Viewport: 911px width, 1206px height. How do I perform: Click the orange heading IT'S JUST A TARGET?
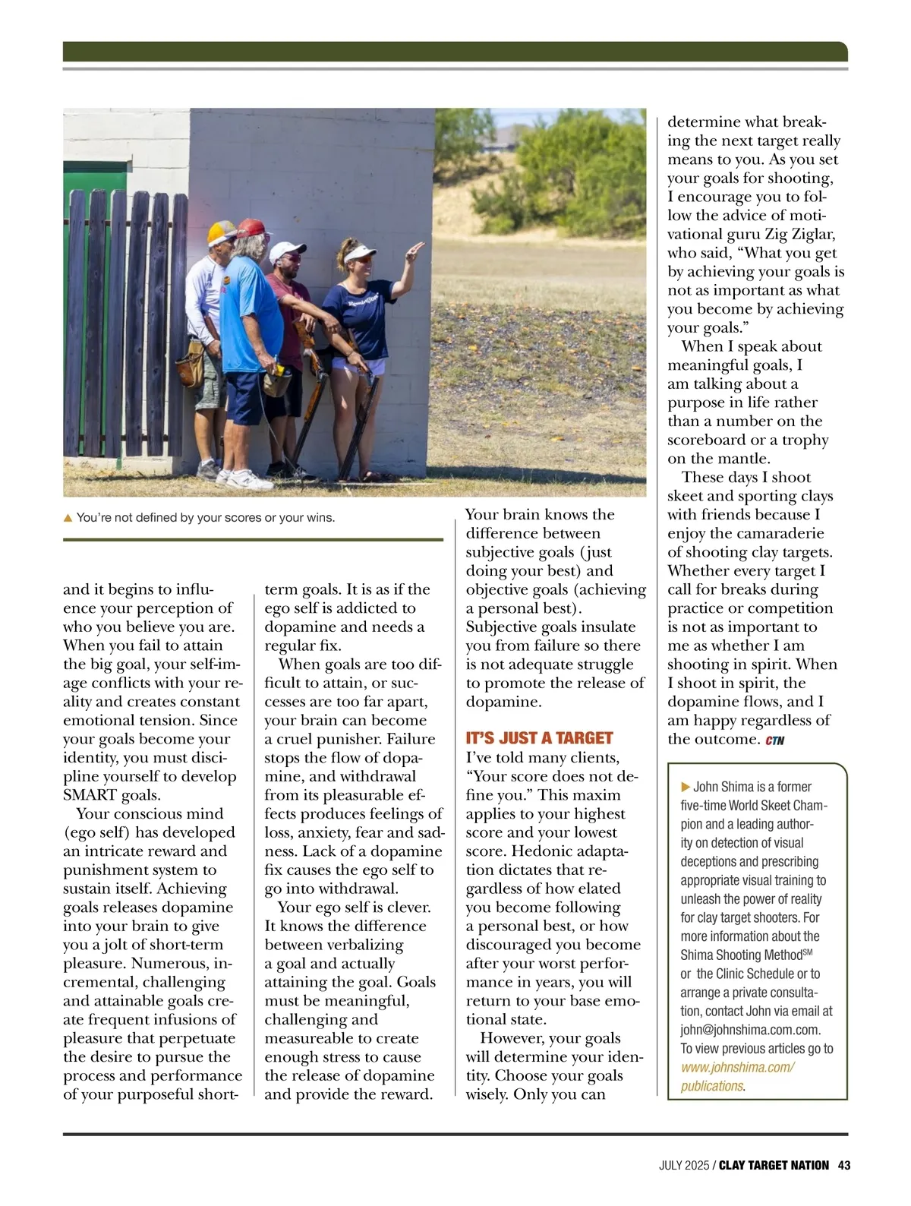[x=539, y=738]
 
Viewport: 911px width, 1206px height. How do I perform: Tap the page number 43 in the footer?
[x=843, y=1165]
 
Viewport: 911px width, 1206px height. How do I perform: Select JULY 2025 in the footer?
[x=684, y=1165]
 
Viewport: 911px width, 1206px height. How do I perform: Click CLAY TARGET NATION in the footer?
[x=774, y=1165]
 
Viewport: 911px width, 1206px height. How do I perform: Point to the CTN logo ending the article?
[x=775, y=740]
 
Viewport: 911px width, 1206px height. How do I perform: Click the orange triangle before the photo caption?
[x=68, y=518]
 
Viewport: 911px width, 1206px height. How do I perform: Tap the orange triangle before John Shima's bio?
[x=686, y=787]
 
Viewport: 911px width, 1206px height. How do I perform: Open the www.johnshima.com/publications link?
[x=737, y=1076]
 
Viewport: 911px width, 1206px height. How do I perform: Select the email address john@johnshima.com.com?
[x=750, y=1030]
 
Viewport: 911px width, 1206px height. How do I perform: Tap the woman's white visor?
[x=361, y=254]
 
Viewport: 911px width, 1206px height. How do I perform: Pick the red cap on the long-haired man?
[x=254, y=227]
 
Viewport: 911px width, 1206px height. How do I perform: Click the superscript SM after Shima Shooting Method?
[x=807, y=952]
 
